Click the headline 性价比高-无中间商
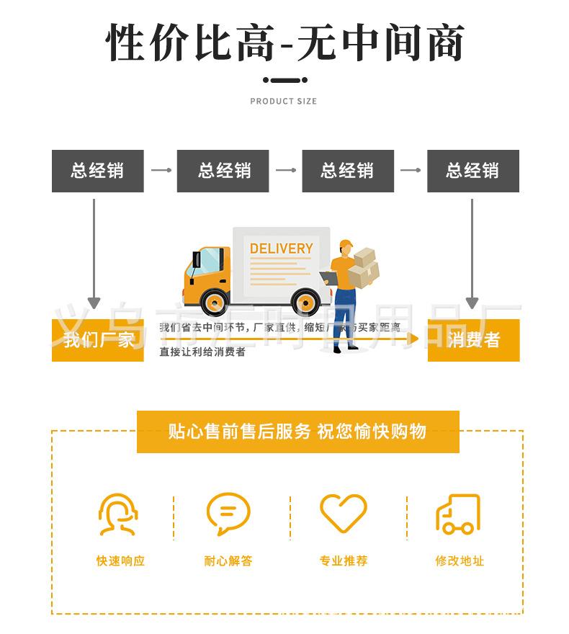point(284,43)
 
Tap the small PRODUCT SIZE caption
point(283,102)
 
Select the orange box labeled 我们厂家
point(98,340)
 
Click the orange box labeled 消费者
point(473,340)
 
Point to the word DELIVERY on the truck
point(281,249)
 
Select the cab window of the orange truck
point(209,260)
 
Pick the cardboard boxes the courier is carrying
point(364,267)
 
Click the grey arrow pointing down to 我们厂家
point(94,252)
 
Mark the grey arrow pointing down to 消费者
point(472,252)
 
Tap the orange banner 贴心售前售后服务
point(297,432)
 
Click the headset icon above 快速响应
point(118,514)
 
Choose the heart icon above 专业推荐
point(344,513)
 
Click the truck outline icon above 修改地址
point(458,514)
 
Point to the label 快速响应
point(120,561)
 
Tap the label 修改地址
point(460,561)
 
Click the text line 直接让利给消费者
point(202,352)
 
